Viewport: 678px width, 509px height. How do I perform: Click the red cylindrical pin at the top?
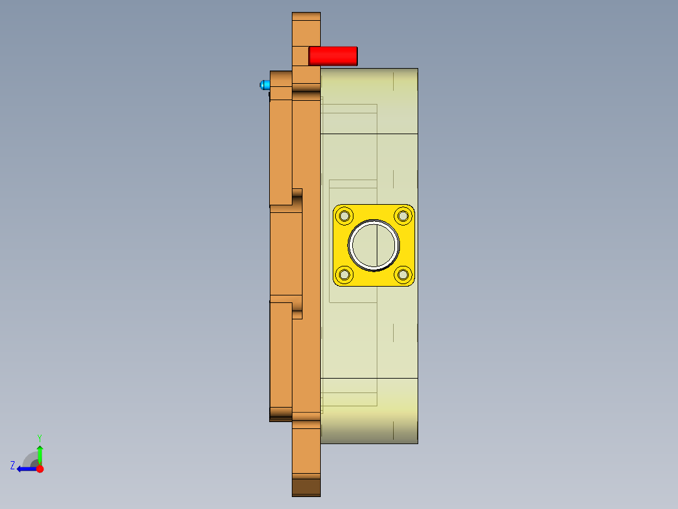click(333, 56)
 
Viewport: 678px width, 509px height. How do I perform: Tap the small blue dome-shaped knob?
click(264, 85)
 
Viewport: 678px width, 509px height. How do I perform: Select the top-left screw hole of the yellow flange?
click(345, 217)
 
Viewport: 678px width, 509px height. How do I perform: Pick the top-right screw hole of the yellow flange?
click(403, 217)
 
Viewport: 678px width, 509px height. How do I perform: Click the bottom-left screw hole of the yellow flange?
click(345, 274)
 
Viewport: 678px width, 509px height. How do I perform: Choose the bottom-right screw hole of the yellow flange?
click(403, 274)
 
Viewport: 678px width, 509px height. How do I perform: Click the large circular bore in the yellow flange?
click(374, 245)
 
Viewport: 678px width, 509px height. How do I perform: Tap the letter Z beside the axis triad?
click(13, 466)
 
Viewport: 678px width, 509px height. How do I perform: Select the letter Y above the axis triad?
click(39, 437)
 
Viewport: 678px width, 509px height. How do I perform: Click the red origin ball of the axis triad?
click(40, 469)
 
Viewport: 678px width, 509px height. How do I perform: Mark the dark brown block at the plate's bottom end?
click(306, 487)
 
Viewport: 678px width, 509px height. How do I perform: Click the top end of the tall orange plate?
click(306, 28)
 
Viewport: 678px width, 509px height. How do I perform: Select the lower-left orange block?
click(281, 356)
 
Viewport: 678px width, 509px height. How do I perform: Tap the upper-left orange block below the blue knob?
click(281, 151)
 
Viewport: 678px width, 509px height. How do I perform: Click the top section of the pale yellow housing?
click(369, 101)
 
